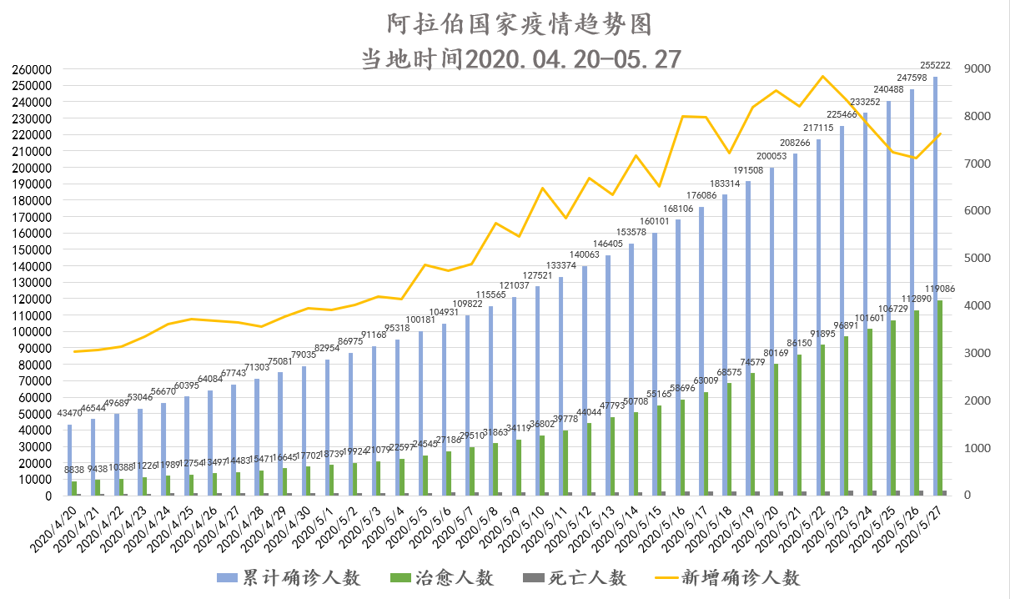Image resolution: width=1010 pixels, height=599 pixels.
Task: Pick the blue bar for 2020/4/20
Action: tap(70, 460)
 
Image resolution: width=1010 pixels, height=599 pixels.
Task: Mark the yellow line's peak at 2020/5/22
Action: tap(824, 77)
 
